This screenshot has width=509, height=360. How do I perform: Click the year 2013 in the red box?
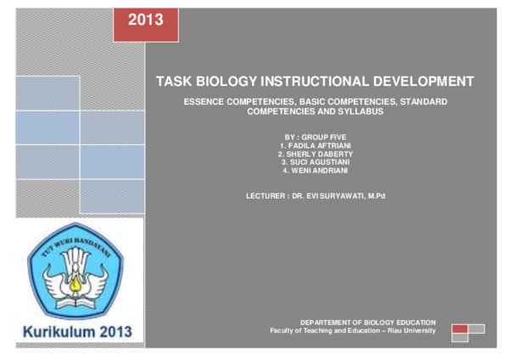click(145, 20)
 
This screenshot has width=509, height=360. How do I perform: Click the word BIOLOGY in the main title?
click(227, 82)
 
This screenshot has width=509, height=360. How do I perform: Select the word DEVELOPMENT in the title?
click(423, 82)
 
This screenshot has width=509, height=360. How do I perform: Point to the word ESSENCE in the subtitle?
click(204, 102)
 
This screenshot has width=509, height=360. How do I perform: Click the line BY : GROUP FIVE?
click(316, 137)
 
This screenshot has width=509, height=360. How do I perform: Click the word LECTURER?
click(266, 196)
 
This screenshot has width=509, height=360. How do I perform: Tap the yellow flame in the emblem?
click(76, 283)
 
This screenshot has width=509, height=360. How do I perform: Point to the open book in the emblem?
click(76, 303)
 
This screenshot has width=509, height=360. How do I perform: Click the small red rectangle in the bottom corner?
click(460, 329)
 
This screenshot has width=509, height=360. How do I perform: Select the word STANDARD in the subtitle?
click(423, 102)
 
